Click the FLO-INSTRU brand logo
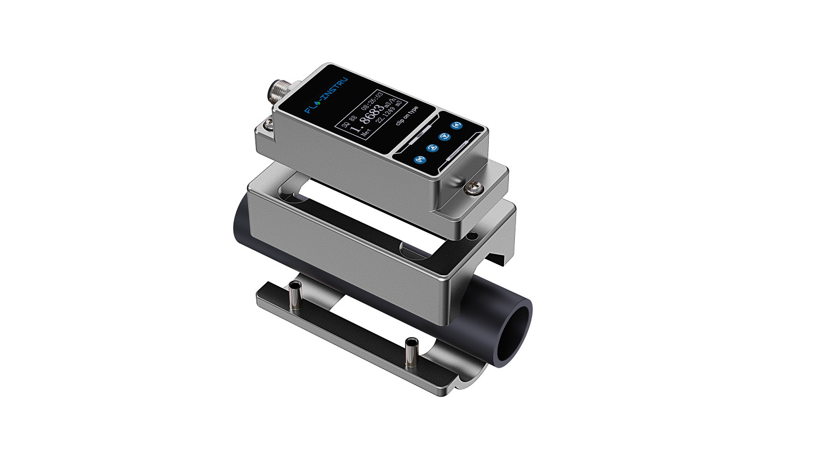coord(326,95)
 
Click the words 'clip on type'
coord(407,116)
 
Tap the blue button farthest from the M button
coord(456,126)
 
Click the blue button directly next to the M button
coord(432,148)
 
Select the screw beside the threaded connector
coord(267,125)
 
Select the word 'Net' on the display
coord(365,132)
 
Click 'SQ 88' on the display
coord(349,121)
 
